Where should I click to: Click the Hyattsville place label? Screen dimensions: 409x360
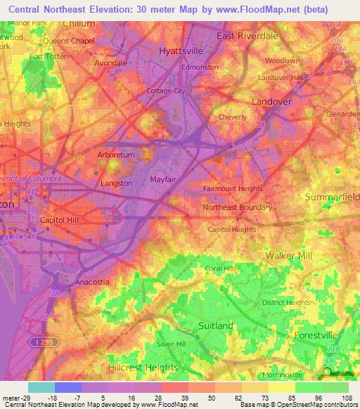tap(181, 51)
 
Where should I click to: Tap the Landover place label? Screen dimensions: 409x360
tap(272, 102)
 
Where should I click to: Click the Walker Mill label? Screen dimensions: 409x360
tap(288, 256)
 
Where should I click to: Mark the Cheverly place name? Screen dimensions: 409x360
tap(233, 117)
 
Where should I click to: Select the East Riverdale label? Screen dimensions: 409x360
tap(247, 35)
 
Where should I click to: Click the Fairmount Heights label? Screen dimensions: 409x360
tap(233, 188)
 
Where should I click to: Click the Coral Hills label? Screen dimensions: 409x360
tap(221, 268)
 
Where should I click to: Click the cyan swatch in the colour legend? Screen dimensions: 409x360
tap(41, 387)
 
